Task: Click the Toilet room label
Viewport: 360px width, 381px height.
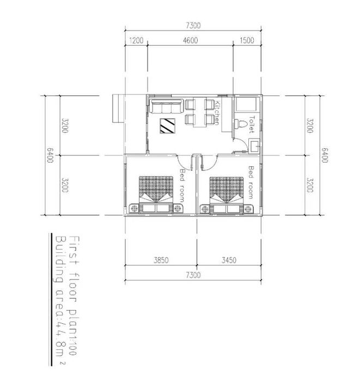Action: coord(251,124)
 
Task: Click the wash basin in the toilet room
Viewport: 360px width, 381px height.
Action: coord(254,146)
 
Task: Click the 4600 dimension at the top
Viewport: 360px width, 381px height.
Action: coord(190,41)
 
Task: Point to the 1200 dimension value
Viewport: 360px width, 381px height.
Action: coord(136,41)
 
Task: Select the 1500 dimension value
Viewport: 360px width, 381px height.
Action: coord(247,41)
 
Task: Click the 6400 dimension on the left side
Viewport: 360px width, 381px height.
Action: coord(50,156)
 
